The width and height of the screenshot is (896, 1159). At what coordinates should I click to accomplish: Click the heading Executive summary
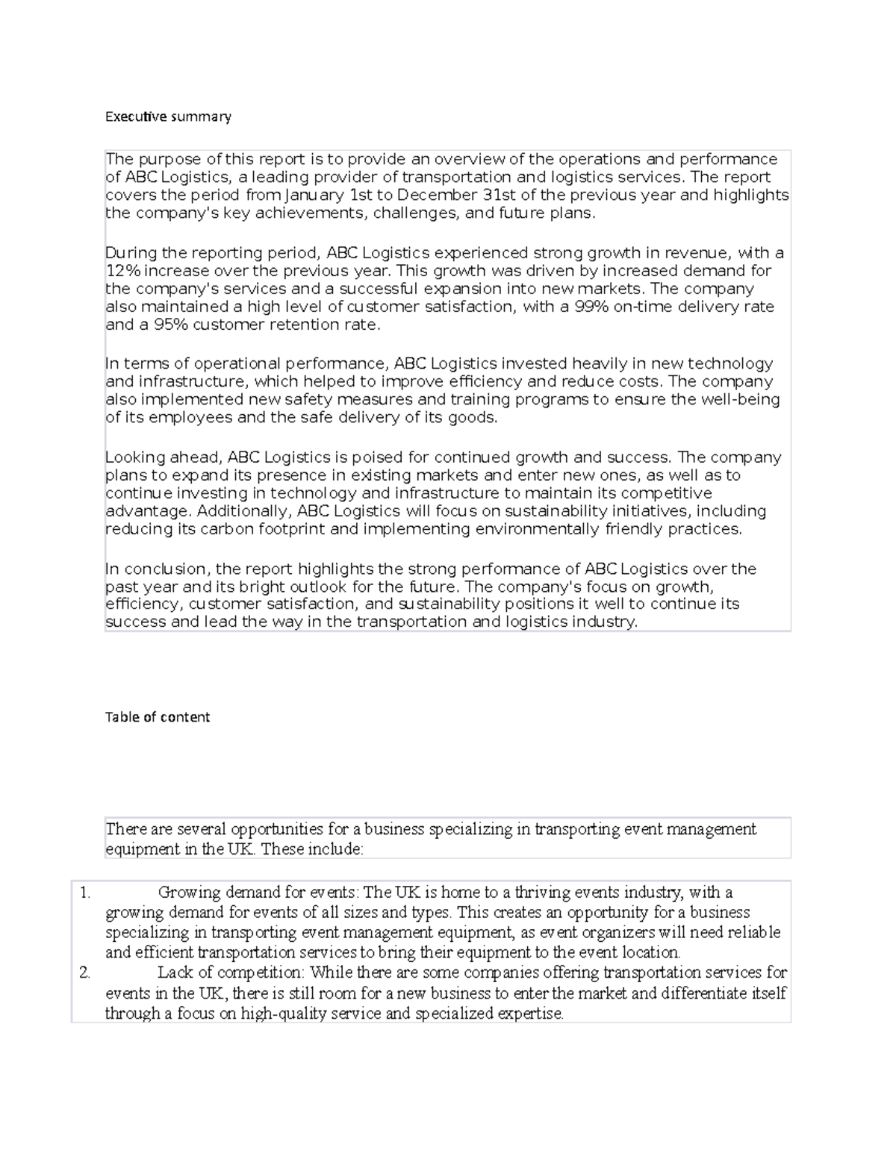click(x=168, y=116)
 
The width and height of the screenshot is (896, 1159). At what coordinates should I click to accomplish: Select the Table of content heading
click(x=158, y=717)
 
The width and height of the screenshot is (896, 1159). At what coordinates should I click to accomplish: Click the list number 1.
click(x=85, y=893)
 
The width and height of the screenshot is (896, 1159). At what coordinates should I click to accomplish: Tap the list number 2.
click(x=85, y=972)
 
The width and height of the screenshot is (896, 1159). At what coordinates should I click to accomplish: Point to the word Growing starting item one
click(x=190, y=893)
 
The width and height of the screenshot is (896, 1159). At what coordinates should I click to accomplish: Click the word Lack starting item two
click(x=175, y=972)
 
